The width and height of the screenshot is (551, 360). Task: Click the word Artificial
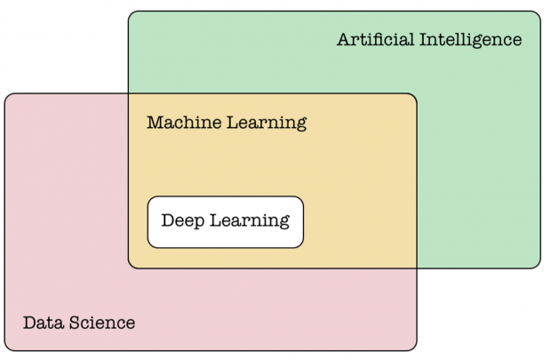(x=375, y=39)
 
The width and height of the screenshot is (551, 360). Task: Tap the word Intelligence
(x=471, y=40)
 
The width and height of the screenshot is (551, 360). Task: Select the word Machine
(x=184, y=123)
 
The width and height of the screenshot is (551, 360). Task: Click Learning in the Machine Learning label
(x=267, y=124)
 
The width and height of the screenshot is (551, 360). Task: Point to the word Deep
(x=183, y=221)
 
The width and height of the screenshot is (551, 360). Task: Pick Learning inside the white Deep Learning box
(x=250, y=221)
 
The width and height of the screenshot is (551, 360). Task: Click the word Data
(x=44, y=323)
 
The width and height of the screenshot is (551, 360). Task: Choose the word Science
(x=102, y=323)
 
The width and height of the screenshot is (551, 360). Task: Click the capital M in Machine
(x=156, y=123)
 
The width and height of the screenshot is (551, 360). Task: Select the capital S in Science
(x=74, y=323)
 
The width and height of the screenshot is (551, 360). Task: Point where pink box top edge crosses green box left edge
(x=129, y=94)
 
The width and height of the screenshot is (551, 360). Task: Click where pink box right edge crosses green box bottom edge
(x=417, y=268)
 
